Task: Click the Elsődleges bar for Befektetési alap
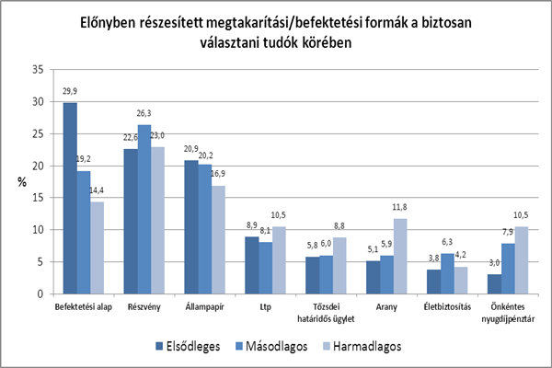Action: click(x=70, y=198)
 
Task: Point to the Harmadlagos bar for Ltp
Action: click(x=279, y=260)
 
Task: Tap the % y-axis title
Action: click(x=20, y=181)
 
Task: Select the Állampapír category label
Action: click(x=205, y=306)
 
